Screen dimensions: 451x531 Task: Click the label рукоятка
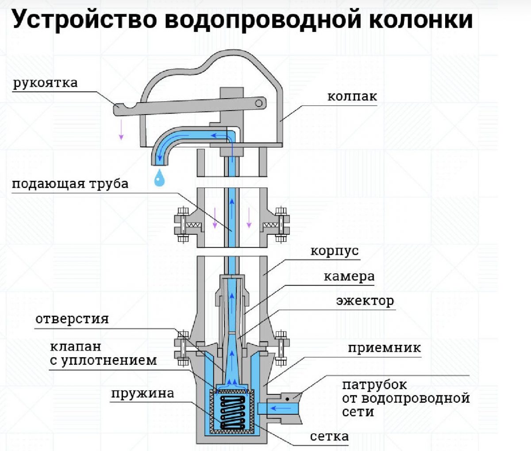tap(45, 83)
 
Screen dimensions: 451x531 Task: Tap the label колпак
tap(352, 96)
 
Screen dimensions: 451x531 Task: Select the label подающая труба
tap(70, 183)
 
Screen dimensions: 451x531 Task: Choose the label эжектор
tap(365, 301)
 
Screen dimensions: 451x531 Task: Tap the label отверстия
tap(72, 319)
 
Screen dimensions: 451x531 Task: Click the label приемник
tap(384, 348)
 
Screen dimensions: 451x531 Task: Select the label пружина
tap(142, 393)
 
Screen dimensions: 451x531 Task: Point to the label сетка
tap(329, 436)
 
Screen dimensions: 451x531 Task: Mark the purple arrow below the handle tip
tap(121, 131)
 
